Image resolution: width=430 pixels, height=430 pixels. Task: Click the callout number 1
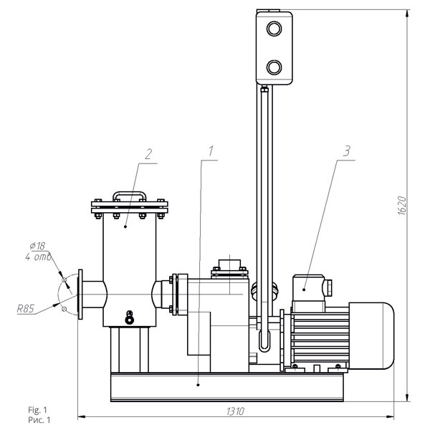[211, 150]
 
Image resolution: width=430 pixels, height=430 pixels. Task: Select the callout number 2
[148, 154]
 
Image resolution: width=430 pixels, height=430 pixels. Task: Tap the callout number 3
[347, 150]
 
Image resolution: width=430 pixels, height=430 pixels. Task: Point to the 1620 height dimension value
[402, 206]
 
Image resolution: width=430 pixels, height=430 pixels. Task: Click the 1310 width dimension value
[235, 411]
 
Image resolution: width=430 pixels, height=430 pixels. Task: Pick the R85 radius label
[26, 309]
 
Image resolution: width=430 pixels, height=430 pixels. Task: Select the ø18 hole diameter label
[37, 246]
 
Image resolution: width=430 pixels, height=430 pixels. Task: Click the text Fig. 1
[37, 410]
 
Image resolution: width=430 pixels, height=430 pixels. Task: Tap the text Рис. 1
[39, 420]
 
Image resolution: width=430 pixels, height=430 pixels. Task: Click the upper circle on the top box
[274, 29]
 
